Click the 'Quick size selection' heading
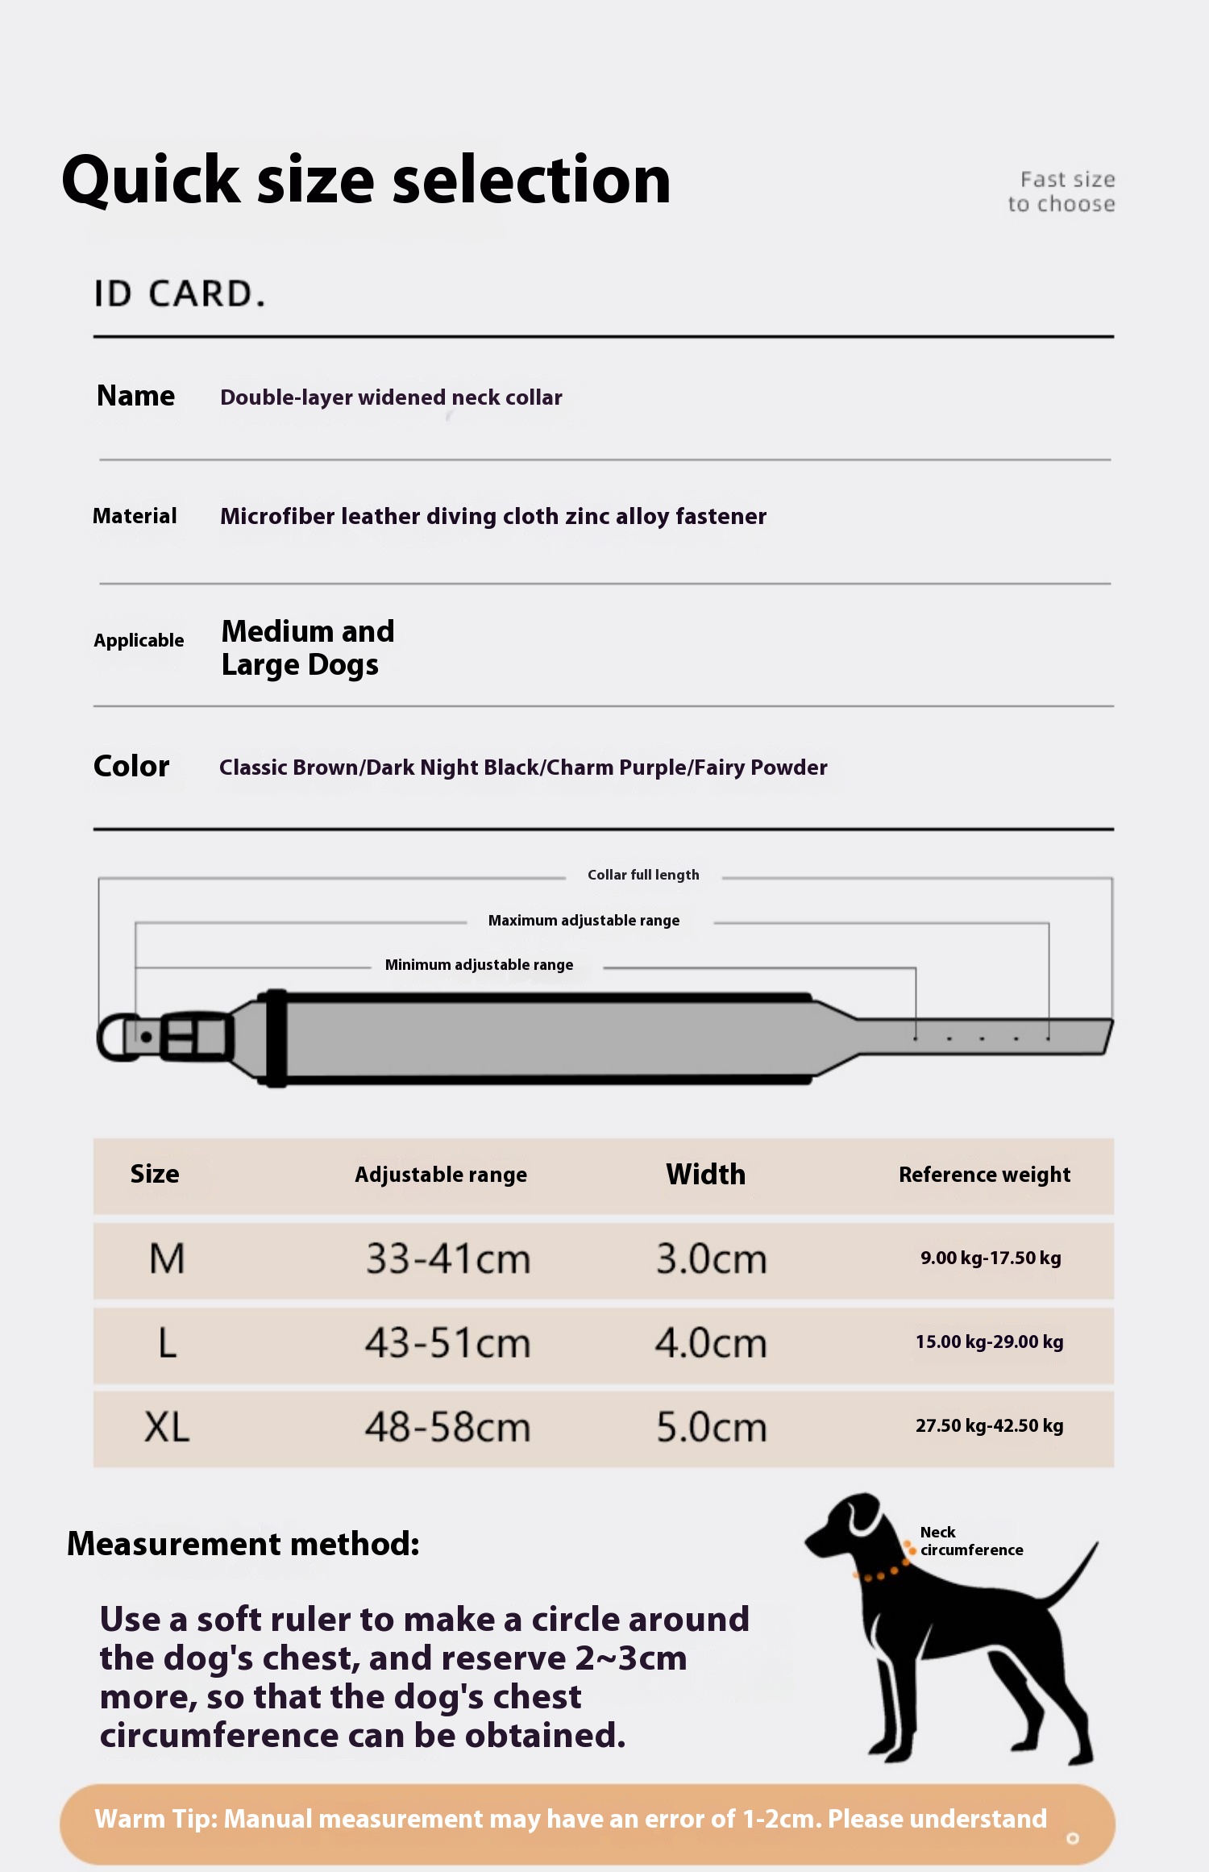(366, 181)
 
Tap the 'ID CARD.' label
(179, 294)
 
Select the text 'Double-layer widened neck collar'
(391, 397)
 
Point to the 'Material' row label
(135, 516)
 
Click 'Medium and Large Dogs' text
(307, 648)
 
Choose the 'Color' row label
(131, 766)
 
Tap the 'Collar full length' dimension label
(643, 876)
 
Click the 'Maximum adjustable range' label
(584, 921)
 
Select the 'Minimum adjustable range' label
(479, 965)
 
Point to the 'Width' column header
(706, 1175)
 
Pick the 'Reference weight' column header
(984, 1175)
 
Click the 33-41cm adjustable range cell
(448, 1258)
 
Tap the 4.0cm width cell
(711, 1343)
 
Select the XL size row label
(167, 1427)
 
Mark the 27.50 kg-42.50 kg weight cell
(989, 1426)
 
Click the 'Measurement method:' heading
(243, 1545)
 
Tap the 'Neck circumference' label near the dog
(970, 1541)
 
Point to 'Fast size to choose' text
(1062, 192)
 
